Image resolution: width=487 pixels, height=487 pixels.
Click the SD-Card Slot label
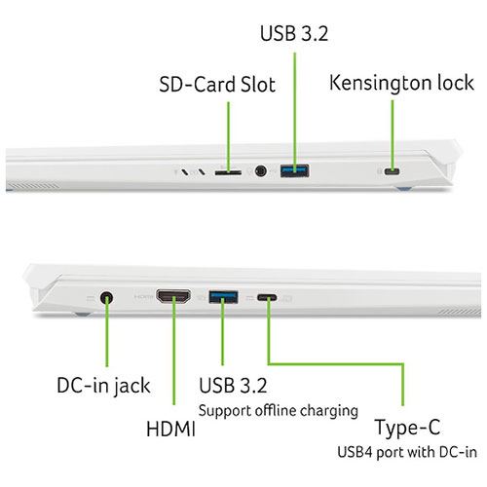click(x=217, y=85)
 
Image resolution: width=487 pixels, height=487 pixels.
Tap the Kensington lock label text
click(x=401, y=83)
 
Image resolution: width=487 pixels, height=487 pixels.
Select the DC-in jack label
click(x=103, y=387)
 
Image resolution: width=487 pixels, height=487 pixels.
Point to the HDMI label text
click(x=170, y=429)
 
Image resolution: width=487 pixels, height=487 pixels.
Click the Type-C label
click(x=407, y=428)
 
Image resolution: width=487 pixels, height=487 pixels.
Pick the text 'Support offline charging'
click(x=279, y=411)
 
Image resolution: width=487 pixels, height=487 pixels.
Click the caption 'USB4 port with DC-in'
click(x=407, y=452)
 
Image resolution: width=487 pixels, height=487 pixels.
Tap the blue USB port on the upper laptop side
click(x=294, y=170)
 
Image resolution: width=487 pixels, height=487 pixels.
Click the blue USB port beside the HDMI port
click(x=223, y=297)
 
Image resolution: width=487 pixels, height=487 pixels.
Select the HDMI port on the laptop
click(x=173, y=297)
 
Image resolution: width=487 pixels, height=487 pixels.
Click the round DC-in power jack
click(x=106, y=297)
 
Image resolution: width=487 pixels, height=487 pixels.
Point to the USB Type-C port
click(x=267, y=297)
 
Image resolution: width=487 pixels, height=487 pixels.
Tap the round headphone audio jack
click(x=261, y=170)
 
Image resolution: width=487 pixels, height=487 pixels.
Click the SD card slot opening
click(x=228, y=171)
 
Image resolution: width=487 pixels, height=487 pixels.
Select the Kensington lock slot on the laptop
click(x=392, y=171)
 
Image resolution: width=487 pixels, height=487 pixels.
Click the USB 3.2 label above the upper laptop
click(x=294, y=33)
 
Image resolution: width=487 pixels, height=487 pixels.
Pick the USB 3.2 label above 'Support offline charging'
click(x=233, y=386)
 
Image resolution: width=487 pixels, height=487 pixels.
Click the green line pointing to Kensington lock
click(x=393, y=135)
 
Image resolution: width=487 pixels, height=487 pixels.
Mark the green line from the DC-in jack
click(x=107, y=331)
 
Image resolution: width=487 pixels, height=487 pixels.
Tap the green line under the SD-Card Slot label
click(x=228, y=137)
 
